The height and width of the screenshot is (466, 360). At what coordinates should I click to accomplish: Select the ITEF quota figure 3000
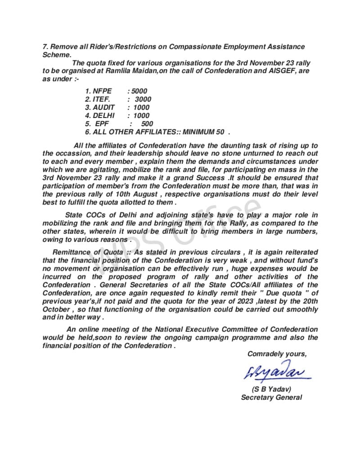(x=143, y=99)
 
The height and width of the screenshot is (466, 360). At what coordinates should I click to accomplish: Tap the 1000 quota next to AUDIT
(x=141, y=107)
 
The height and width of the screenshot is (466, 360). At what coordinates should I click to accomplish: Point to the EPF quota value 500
(x=147, y=123)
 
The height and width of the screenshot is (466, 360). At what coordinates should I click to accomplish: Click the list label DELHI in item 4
(x=103, y=115)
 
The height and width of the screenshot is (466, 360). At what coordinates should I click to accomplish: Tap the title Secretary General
(x=271, y=397)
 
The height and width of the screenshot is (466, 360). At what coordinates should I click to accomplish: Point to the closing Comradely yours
(x=277, y=354)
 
